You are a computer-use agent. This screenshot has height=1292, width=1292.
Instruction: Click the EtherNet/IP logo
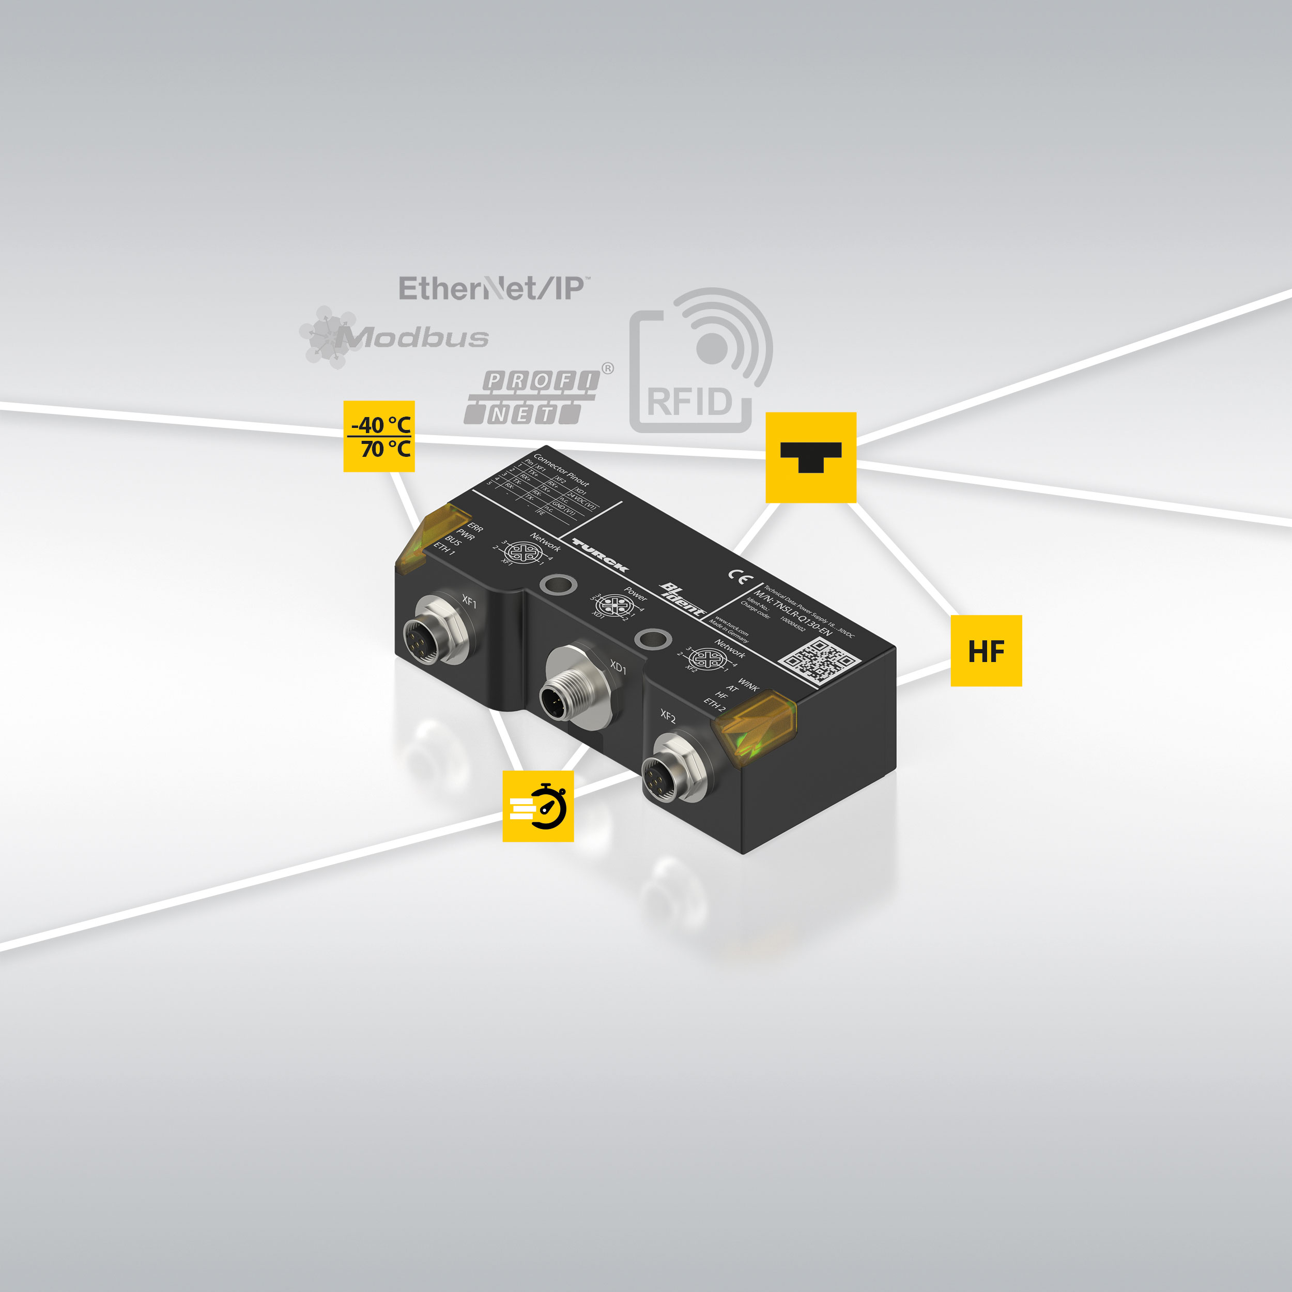point(494,288)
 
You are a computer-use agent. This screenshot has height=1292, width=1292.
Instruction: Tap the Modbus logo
point(394,337)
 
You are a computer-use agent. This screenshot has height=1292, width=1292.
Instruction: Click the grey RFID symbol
point(700,361)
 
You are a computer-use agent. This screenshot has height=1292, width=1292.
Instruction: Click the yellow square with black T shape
point(810,457)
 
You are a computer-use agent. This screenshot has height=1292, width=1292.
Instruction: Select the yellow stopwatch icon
point(537,806)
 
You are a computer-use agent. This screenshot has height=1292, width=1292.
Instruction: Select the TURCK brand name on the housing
point(600,556)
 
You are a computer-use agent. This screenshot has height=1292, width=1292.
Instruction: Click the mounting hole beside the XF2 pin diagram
point(652,639)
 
